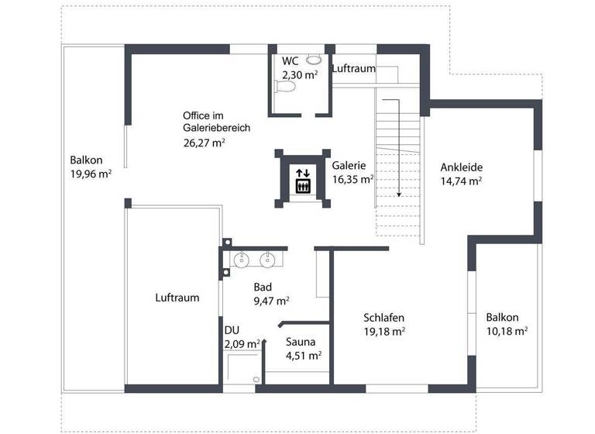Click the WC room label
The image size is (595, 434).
click(290, 61)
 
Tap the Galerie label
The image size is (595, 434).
click(349, 165)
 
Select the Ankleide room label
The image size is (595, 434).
click(461, 167)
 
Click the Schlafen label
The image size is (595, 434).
click(384, 317)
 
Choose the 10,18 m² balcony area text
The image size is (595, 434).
click(507, 331)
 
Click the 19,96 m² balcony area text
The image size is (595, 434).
click(91, 174)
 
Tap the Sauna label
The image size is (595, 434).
click(301, 342)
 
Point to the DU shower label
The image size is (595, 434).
click(232, 330)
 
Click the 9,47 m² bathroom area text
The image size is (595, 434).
click(272, 301)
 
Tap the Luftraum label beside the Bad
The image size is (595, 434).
click(177, 297)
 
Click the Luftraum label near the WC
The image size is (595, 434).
click(354, 69)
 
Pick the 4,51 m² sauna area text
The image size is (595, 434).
click(304, 356)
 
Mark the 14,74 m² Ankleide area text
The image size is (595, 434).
click(461, 181)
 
